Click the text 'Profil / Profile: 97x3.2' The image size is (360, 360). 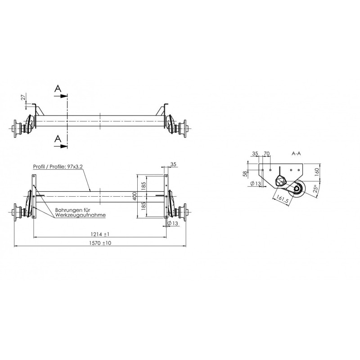58,166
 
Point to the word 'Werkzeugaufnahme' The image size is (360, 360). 81,215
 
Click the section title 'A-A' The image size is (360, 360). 296,154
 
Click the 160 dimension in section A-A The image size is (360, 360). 316,171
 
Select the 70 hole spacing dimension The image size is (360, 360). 266,154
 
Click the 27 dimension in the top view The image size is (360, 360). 23,97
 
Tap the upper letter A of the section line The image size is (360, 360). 58,90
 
